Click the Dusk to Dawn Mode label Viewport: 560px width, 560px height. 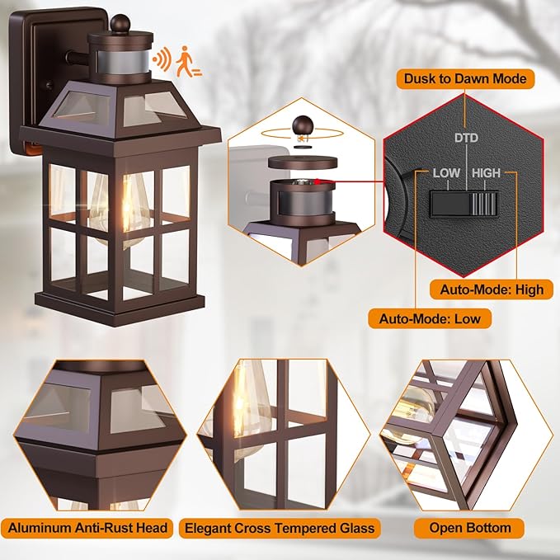pyautogui.click(x=465, y=79)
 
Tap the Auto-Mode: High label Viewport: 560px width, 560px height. pyautogui.click(x=492, y=289)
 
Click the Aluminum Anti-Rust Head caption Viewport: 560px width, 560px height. pyautogui.click(x=90, y=528)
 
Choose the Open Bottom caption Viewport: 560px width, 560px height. pyautogui.click(x=470, y=528)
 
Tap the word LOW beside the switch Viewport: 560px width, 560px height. pyautogui.click(x=446, y=173)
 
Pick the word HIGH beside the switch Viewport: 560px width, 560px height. pyautogui.click(x=486, y=173)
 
